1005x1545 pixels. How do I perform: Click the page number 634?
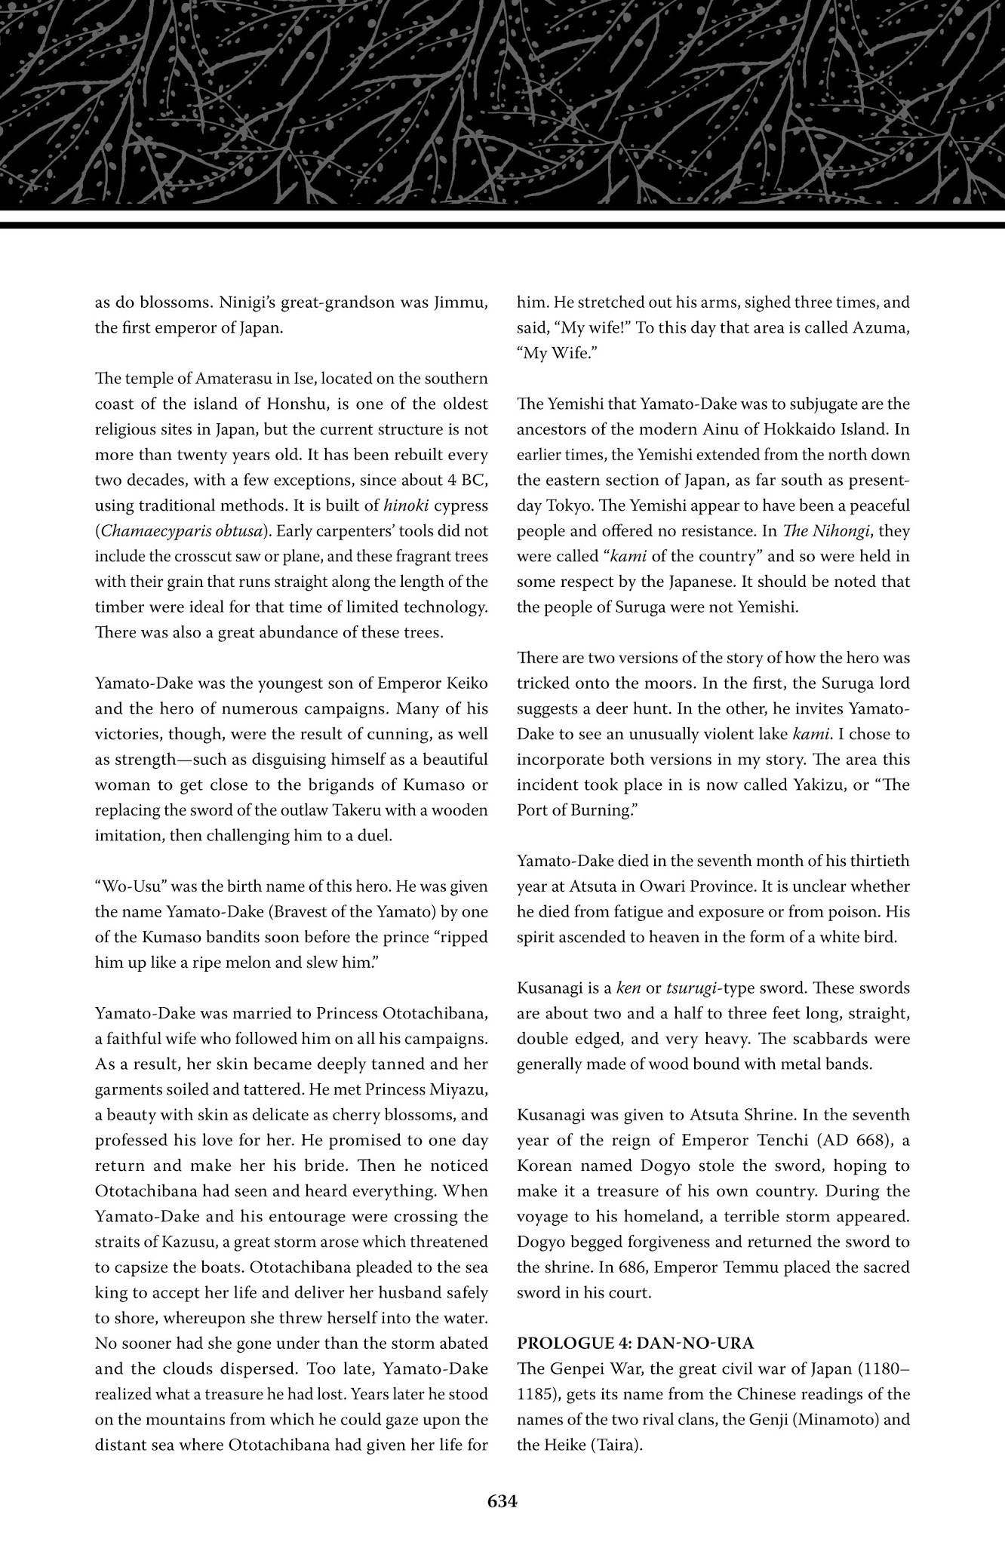502,1501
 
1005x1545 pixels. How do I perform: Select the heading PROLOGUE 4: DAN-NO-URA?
635,1344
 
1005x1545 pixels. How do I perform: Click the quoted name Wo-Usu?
130,886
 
